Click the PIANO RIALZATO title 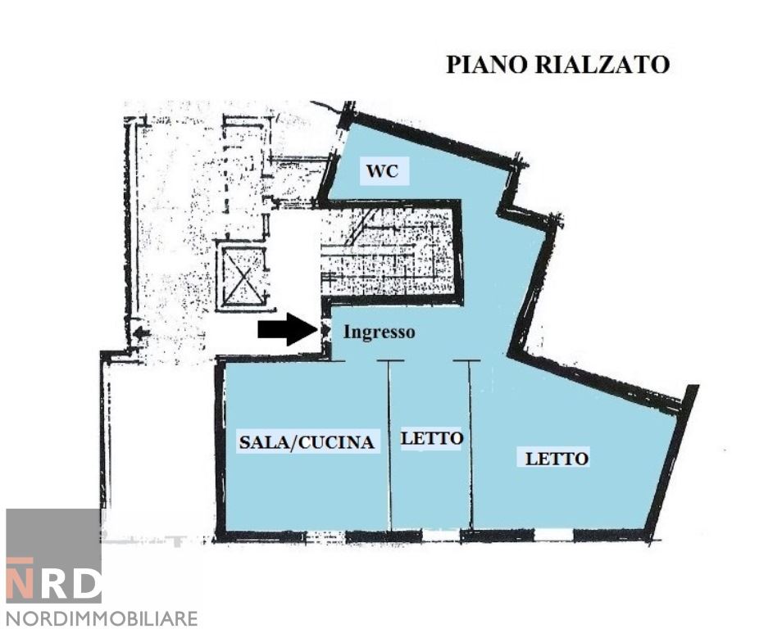tap(557, 65)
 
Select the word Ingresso tap(379, 333)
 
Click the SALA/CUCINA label tap(307, 442)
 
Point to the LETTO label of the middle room tap(431, 438)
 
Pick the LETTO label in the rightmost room tap(557, 458)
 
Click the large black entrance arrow tap(287, 329)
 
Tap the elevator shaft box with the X tap(243, 276)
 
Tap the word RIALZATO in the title tap(602, 65)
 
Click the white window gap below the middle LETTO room tap(440, 536)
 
